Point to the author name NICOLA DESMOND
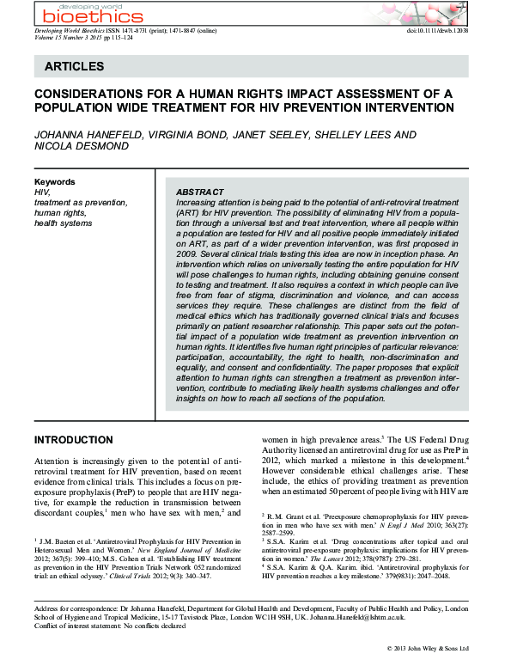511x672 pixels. [79, 148]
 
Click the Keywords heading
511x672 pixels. [54, 182]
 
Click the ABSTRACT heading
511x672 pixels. [199, 192]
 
